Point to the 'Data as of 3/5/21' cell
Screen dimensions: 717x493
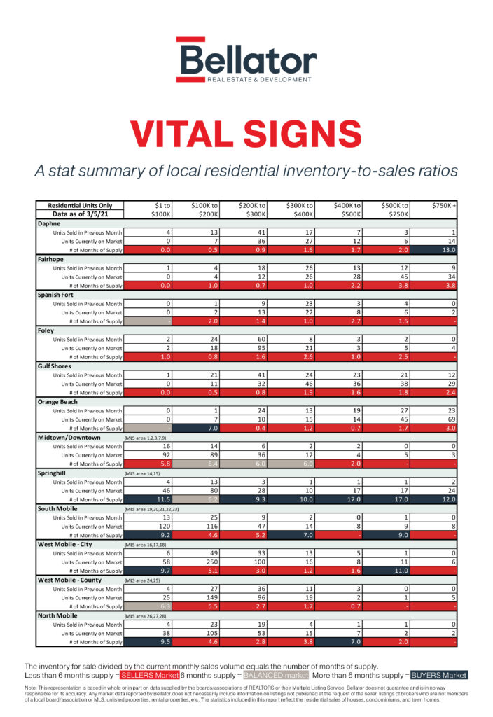point(80,214)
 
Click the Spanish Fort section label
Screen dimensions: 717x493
point(57,295)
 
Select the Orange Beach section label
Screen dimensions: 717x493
point(60,402)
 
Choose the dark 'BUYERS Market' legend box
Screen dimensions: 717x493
point(438,675)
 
